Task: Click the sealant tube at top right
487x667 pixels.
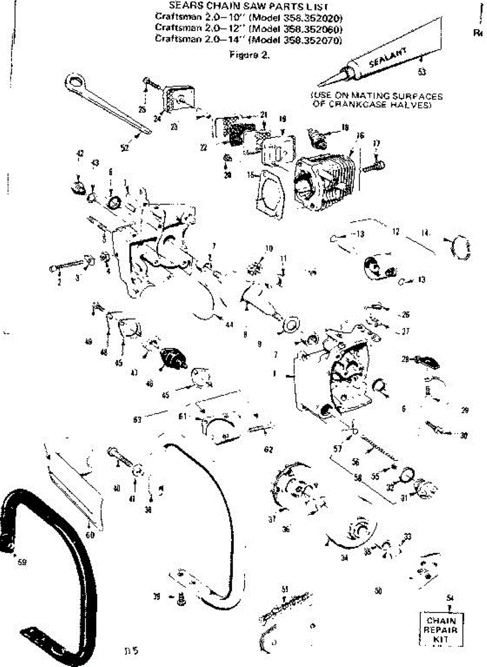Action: click(x=384, y=62)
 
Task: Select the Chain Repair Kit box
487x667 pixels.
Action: click(x=441, y=630)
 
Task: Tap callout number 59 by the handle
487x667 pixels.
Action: click(x=22, y=562)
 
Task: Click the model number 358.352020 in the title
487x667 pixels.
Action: click(x=313, y=17)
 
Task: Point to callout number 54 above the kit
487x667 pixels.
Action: click(x=450, y=598)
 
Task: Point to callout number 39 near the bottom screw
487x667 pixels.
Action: click(x=158, y=596)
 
